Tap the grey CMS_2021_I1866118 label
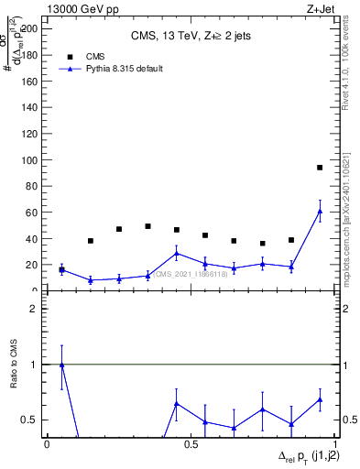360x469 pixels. coord(192,274)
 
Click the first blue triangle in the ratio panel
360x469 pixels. coord(61,365)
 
